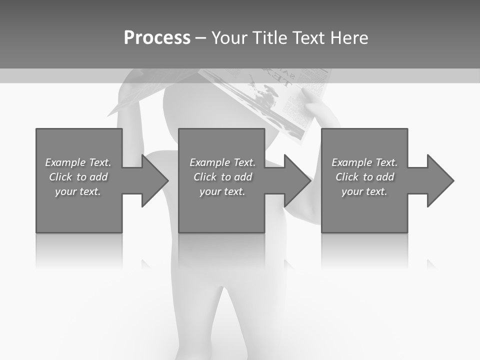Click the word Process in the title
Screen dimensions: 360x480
[157, 38]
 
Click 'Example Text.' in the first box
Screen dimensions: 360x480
[78, 162]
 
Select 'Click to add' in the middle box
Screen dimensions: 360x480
[222, 177]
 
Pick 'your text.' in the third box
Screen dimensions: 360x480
[364, 191]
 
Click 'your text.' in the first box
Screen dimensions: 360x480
[78, 191]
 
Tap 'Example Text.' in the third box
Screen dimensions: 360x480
[364, 162]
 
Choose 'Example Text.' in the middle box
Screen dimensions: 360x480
[222, 162]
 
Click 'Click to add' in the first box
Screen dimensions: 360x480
[78, 177]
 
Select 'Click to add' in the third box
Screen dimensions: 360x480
[364, 177]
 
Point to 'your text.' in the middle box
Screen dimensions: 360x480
[222, 191]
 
